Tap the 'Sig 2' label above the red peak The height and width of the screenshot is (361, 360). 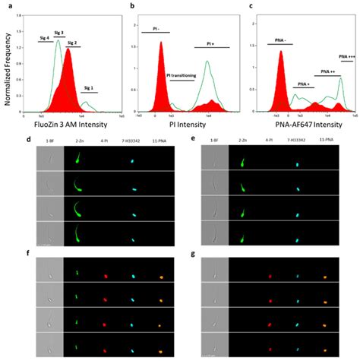(73, 43)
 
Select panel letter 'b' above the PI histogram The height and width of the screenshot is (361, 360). (134, 6)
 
